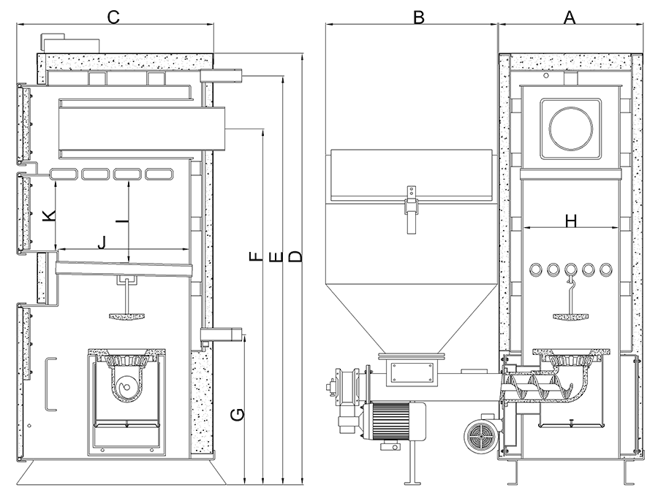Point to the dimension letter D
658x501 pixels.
[x=295, y=256]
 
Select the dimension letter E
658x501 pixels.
[x=275, y=256]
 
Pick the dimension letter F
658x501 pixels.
[x=254, y=256]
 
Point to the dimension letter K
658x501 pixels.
[x=48, y=217]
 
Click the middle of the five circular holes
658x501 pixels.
[x=571, y=269]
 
